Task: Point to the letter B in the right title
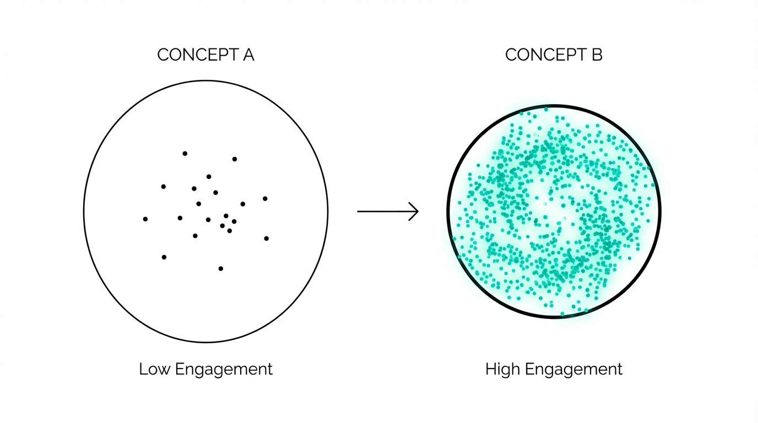coord(597,55)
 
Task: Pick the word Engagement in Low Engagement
coord(224,370)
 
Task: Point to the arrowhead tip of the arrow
coord(418,211)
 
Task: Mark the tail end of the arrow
coord(359,211)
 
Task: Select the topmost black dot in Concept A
coord(185,153)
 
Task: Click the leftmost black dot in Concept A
coord(145,219)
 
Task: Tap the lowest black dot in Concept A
coord(221,268)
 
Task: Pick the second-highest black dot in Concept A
coord(235,159)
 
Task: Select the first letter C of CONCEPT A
coord(163,55)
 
